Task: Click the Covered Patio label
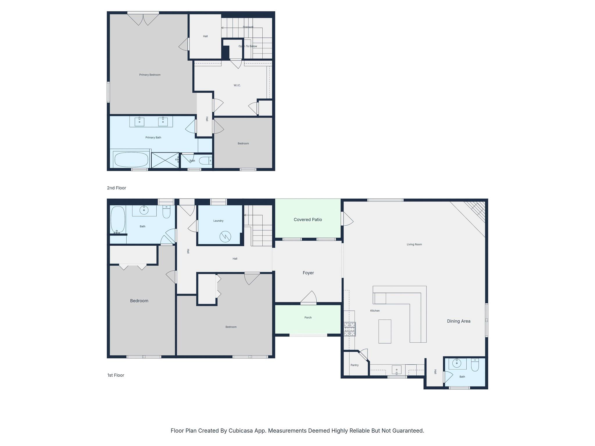point(308,220)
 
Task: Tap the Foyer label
point(308,273)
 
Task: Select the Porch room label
point(308,318)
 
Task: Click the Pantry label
point(354,365)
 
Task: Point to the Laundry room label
point(218,221)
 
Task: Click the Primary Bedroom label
point(150,75)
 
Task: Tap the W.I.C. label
point(237,85)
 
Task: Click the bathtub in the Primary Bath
point(131,159)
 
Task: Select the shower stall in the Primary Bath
point(165,160)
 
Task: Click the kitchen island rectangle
point(385,331)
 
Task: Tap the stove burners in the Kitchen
point(350,329)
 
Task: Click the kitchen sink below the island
point(397,370)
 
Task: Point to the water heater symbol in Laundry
point(225,237)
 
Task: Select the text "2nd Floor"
point(116,188)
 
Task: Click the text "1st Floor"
point(116,375)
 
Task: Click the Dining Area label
point(458,321)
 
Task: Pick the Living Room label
point(414,244)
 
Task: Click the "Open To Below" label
point(248,46)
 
